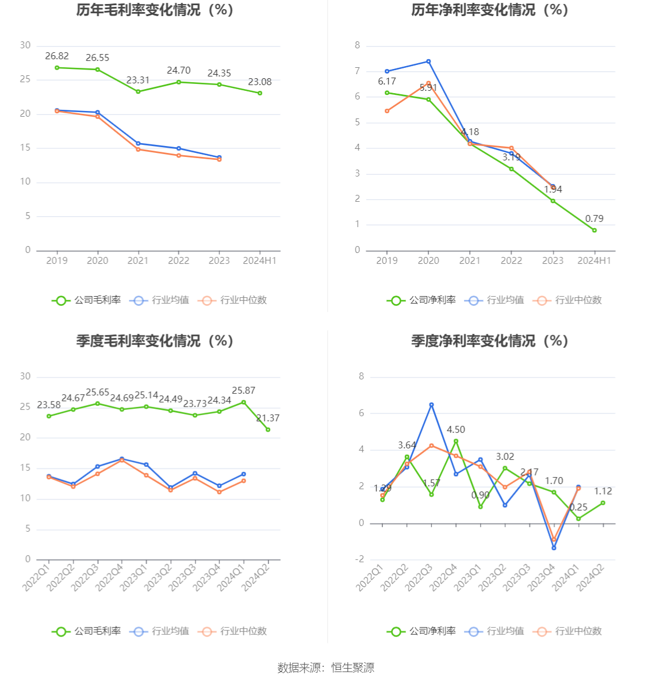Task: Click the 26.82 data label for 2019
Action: click(57, 56)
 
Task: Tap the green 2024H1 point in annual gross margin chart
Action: click(260, 93)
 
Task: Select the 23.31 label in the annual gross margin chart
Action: click(138, 80)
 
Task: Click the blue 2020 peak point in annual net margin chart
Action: click(428, 62)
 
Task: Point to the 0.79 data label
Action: click(594, 218)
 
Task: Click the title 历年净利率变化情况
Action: click(489, 10)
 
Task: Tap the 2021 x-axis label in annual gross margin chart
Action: click(138, 260)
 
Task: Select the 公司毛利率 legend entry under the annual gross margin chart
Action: click(87, 300)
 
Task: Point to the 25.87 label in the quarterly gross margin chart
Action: click(243, 390)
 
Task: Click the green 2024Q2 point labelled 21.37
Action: click(268, 429)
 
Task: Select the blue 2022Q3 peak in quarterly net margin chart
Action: click(431, 405)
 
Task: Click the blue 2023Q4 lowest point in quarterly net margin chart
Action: click(554, 548)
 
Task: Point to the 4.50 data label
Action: click(456, 429)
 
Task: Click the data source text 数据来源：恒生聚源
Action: click(326, 667)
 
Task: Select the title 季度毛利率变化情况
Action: click(155, 341)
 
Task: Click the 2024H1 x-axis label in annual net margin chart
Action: click(594, 260)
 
